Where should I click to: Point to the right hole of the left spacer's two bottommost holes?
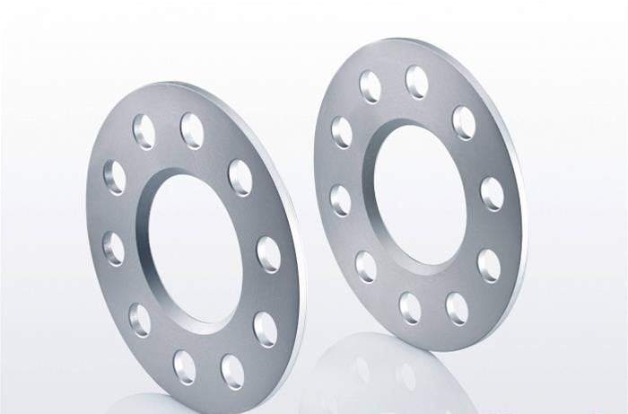tap(232, 370)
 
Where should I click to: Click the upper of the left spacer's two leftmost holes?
tap(115, 178)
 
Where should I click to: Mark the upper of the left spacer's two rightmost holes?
tap(268, 254)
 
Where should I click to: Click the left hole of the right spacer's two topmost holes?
tap(370, 86)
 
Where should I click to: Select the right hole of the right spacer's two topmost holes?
tap(417, 82)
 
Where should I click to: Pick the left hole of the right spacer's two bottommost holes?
tap(410, 308)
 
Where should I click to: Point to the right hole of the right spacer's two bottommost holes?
tap(457, 309)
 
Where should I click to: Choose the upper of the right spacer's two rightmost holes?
tap(492, 193)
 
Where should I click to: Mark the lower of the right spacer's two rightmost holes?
tap(489, 266)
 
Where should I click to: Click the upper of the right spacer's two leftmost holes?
tap(342, 131)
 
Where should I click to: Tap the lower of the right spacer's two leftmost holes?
tap(340, 199)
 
